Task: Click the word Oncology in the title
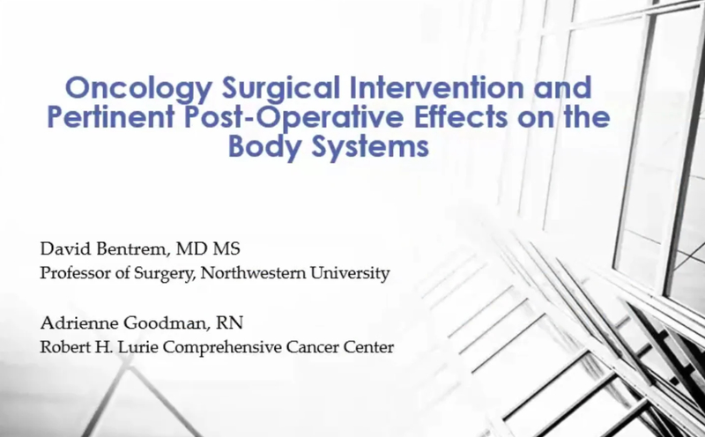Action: [138, 89]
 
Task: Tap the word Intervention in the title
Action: [436, 87]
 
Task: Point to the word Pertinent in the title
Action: [111, 117]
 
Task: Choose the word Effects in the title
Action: [461, 117]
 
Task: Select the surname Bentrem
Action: [133, 248]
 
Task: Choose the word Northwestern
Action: [253, 273]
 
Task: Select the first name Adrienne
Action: [79, 322]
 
